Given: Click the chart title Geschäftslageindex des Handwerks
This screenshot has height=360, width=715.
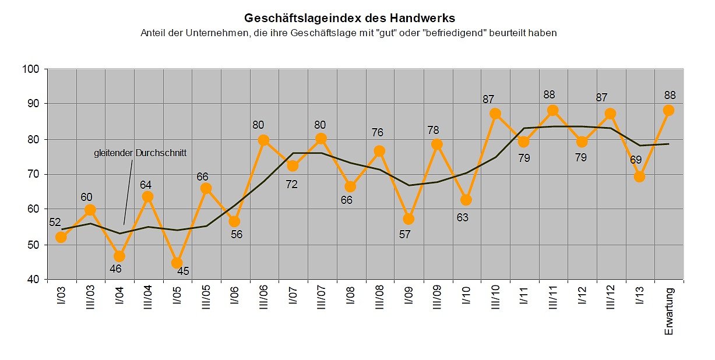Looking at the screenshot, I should [x=349, y=17].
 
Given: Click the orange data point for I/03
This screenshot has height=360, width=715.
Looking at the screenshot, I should [x=61, y=237].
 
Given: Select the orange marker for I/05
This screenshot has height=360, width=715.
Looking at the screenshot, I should [x=177, y=263].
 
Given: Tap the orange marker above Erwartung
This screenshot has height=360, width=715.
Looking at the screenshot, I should [x=668, y=110].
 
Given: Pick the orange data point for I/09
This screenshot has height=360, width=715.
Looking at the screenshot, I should [x=408, y=219].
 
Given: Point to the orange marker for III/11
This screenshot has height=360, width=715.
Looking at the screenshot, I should [x=553, y=110].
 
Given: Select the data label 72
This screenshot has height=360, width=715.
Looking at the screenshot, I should [x=293, y=185].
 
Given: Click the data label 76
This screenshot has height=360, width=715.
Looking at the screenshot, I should [x=377, y=133].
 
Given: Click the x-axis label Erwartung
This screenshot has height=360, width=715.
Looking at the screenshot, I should [x=668, y=311].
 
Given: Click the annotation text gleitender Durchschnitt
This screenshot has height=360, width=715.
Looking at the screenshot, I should [x=140, y=153].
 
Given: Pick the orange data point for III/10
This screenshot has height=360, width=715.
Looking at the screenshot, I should [x=495, y=114].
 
